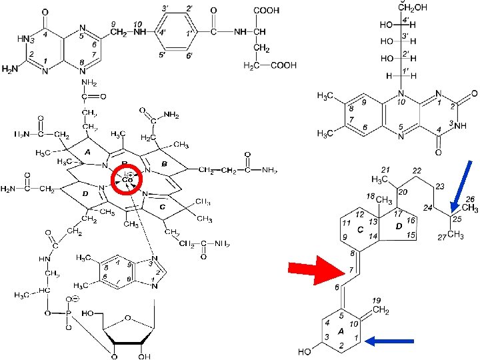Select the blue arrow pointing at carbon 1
390,342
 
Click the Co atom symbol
127,180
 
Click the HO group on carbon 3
305,350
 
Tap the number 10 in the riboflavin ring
401,102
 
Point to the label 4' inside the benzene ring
162,32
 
